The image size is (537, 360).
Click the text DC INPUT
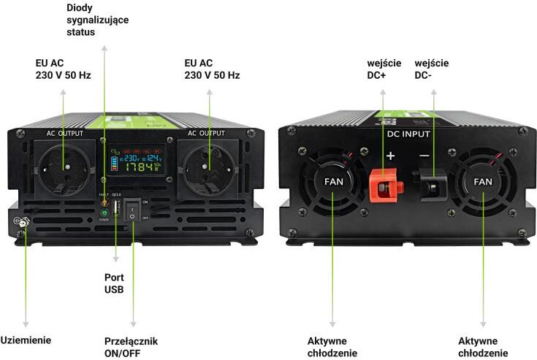click(x=408, y=135)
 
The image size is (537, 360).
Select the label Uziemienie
click(x=26, y=340)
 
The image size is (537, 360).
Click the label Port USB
click(x=114, y=283)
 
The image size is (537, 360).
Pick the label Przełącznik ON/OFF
click(x=131, y=347)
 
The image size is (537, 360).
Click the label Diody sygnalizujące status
click(x=96, y=20)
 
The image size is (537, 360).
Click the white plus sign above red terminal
click(x=390, y=156)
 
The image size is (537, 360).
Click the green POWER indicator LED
click(x=104, y=212)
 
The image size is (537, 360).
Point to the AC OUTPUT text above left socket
click(x=64, y=134)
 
